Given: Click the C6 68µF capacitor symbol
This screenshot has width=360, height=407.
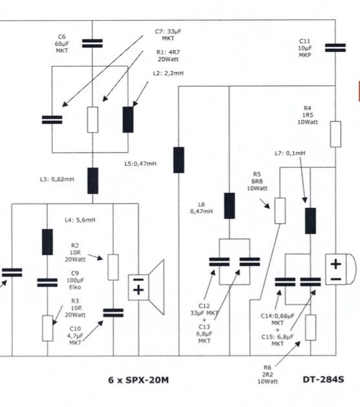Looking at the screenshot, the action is [x=92, y=43].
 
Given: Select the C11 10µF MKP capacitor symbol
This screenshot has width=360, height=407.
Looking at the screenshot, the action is [x=335, y=48].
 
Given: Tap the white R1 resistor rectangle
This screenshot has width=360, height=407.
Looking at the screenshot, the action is [x=92, y=120].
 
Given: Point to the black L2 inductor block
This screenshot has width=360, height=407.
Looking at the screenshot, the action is [x=128, y=120].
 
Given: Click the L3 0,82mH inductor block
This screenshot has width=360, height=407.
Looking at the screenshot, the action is [x=92, y=181].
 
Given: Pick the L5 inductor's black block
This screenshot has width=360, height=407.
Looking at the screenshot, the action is [x=178, y=160].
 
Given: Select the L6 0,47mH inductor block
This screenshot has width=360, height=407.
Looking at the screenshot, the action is [x=229, y=205].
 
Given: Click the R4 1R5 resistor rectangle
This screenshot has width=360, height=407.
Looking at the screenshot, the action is [x=335, y=134].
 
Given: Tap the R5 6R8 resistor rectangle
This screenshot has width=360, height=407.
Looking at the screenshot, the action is [x=280, y=211].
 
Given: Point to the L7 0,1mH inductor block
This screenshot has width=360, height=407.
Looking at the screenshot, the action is [x=310, y=221].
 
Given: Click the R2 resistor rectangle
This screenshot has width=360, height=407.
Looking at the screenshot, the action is [x=113, y=267].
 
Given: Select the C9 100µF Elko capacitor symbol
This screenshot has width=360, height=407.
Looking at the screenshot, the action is [x=47, y=283].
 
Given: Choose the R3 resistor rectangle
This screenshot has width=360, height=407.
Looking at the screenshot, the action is [x=48, y=328].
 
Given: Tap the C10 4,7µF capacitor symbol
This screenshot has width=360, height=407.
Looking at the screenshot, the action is [x=113, y=313].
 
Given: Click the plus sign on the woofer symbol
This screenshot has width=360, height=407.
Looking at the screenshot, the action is [x=138, y=289].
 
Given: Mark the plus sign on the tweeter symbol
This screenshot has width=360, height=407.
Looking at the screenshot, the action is [x=336, y=264].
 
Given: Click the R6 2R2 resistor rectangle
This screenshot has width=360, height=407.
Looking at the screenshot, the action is [x=311, y=328].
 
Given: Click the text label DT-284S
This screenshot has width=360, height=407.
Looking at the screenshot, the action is [x=323, y=379].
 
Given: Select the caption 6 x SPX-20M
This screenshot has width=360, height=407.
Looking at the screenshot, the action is [x=138, y=380].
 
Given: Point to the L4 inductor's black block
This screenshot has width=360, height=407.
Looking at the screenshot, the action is [x=47, y=242].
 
